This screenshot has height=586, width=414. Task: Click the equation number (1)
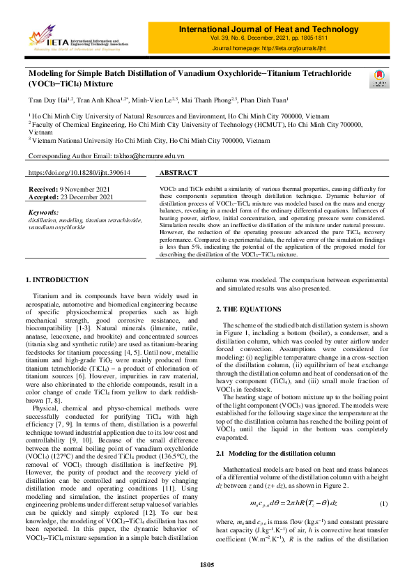click(383, 483)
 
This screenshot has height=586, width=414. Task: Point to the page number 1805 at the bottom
click(206, 564)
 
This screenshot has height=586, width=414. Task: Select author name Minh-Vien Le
click(144, 100)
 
